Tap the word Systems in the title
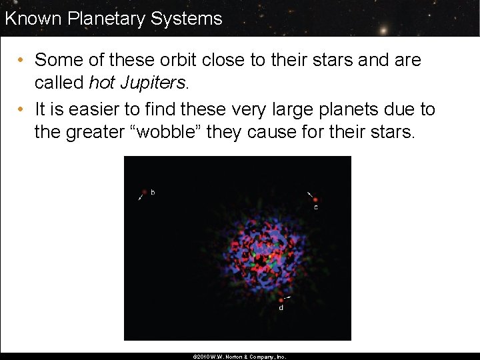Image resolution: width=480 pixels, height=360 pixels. pyautogui.click(x=187, y=18)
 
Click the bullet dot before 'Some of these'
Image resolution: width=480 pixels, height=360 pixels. pyautogui.click(x=21, y=61)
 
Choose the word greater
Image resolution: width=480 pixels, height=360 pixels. pyautogui.click(x=97, y=132)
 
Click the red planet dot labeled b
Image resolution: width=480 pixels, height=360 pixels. pyautogui.click(x=144, y=193)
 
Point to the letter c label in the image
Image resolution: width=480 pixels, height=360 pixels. pyautogui.click(x=316, y=207)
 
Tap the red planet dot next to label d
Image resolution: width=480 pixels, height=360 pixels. pyautogui.click(x=281, y=301)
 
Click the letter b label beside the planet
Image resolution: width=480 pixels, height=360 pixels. pyautogui.click(x=153, y=193)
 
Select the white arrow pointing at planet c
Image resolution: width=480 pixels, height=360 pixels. pyautogui.click(x=309, y=194)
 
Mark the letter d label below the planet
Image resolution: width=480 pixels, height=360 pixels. pyautogui.click(x=281, y=308)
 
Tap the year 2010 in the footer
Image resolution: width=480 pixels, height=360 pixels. pyautogui.click(x=204, y=357)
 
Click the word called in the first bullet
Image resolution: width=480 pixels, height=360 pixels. pyautogui.click(x=59, y=83)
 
